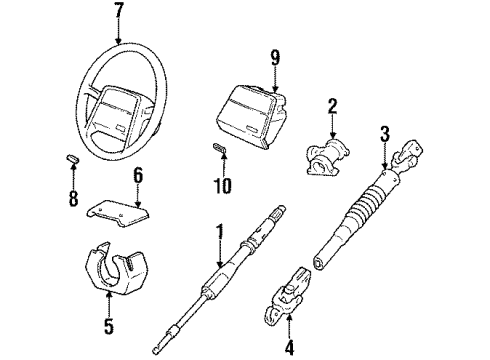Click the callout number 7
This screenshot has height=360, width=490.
tap(119, 12)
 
